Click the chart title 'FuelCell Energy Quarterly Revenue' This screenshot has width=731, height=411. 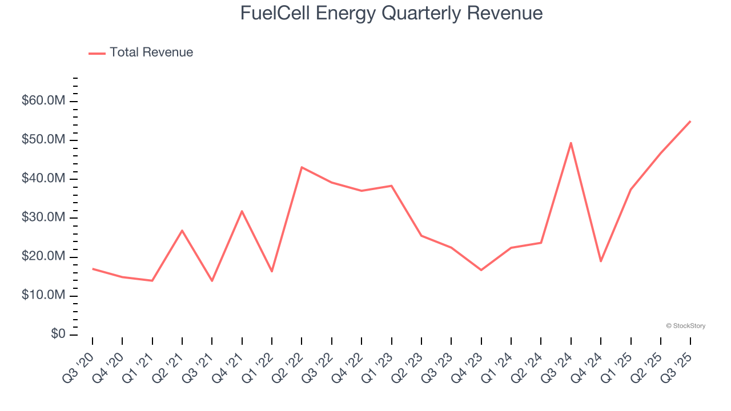391,13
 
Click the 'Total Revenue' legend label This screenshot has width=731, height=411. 151,53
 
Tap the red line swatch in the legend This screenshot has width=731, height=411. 97,53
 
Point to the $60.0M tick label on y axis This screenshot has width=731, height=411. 43,101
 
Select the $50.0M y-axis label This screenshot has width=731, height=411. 43,140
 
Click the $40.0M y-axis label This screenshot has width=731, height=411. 43,179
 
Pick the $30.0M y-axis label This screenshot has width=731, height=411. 43,217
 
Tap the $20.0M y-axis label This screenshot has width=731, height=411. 43,257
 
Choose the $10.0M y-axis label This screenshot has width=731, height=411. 43,296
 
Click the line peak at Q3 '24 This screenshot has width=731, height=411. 571,143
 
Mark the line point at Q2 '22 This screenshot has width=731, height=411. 302,167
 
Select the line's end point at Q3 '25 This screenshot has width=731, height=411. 690,121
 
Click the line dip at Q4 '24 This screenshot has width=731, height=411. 601,261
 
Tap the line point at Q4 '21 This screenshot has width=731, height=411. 242,211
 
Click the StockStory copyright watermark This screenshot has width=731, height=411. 685,326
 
